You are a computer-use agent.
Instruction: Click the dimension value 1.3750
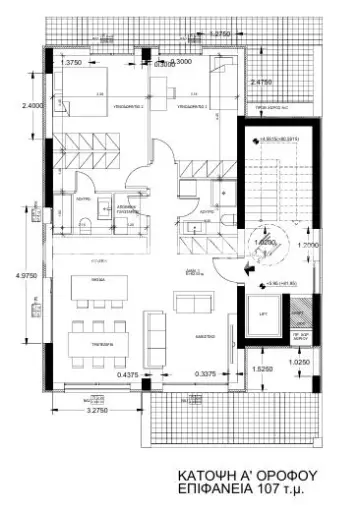pyautogui.click(x=71, y=63)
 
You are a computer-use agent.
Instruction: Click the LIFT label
pyautogui.click(x=263, y=315)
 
